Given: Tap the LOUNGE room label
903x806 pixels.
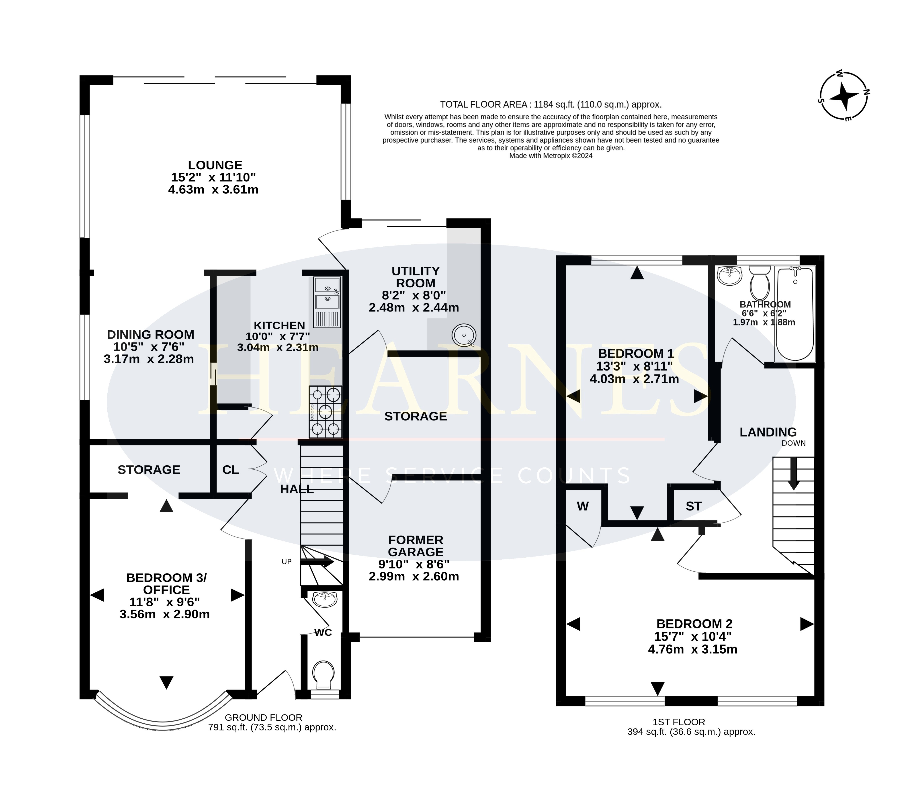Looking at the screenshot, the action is (215, 165).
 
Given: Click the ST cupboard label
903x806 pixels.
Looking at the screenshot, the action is (694, 506).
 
